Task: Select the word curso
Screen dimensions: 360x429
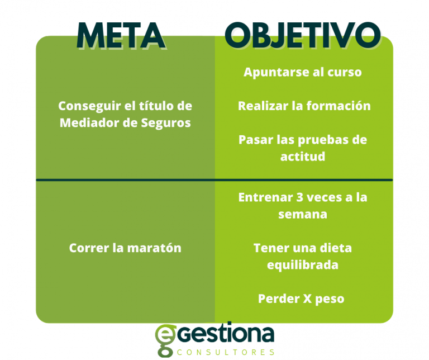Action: (345, 73)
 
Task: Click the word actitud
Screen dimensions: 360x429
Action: (303, 156)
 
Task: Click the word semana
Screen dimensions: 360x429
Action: (303, 214)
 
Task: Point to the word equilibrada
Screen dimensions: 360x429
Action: (303, 264)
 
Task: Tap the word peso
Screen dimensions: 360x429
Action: (329, 299)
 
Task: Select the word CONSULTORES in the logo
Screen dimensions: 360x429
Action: (226, 352)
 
